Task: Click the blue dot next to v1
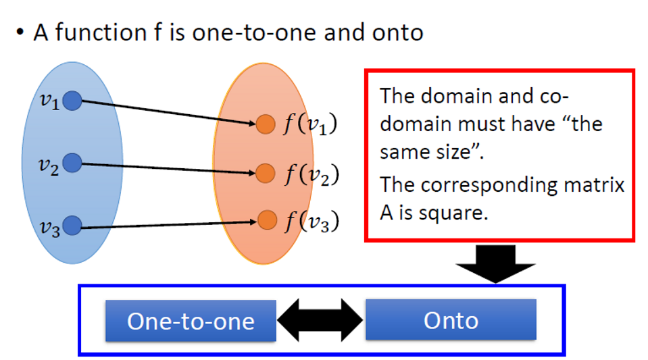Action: coord(72,101)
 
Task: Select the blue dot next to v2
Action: coord(72,163)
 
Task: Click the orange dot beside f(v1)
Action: coord(266,124)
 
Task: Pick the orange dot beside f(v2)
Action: coord(266,173)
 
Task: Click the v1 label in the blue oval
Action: coord(49,101)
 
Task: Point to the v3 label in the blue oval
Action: coord(49,228)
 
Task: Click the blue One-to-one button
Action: coord(191,320)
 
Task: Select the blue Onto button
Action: coord(451,319)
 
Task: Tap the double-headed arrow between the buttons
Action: coord(321,319)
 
